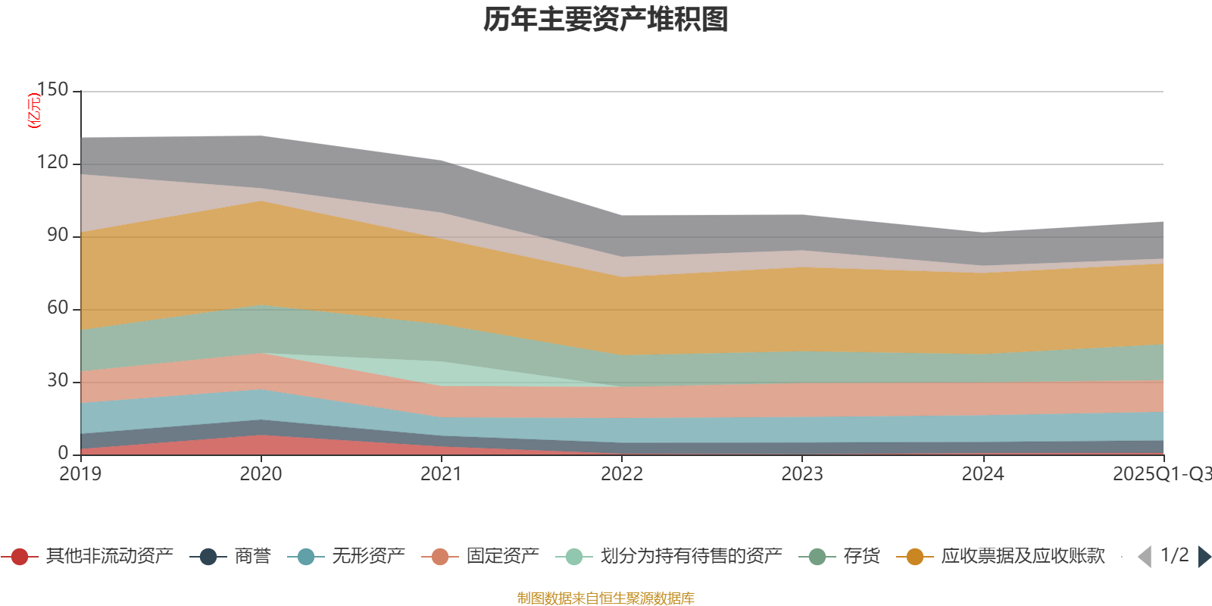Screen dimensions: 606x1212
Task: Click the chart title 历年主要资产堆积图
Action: tap(606, 20)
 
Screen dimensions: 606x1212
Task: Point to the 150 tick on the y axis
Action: tap(52, 90)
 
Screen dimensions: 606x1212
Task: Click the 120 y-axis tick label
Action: tap(52, 163)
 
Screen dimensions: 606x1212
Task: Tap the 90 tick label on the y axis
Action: tap(57, 236)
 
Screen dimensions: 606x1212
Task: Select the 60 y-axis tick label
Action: tap(57, 308)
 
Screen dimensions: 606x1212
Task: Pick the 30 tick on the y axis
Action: tap(57, 381)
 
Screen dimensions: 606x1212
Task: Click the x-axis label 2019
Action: tap(80, 474)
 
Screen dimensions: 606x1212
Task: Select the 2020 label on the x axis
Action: tap(261, 474)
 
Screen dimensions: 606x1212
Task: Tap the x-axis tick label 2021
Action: tap(441, 474)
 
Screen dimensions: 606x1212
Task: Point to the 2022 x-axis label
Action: tap(622, 474)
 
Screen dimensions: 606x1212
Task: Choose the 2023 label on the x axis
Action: tap(802, 474)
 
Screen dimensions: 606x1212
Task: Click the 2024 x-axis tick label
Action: tap(982, 474)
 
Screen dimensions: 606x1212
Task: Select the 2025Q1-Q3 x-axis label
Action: tap(1161, 474)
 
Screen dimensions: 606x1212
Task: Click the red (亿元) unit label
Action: tap(34, 111)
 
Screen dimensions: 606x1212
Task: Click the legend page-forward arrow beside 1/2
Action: tap(1204, 557)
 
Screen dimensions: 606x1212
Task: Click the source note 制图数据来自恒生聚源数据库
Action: tap(606, 598)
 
